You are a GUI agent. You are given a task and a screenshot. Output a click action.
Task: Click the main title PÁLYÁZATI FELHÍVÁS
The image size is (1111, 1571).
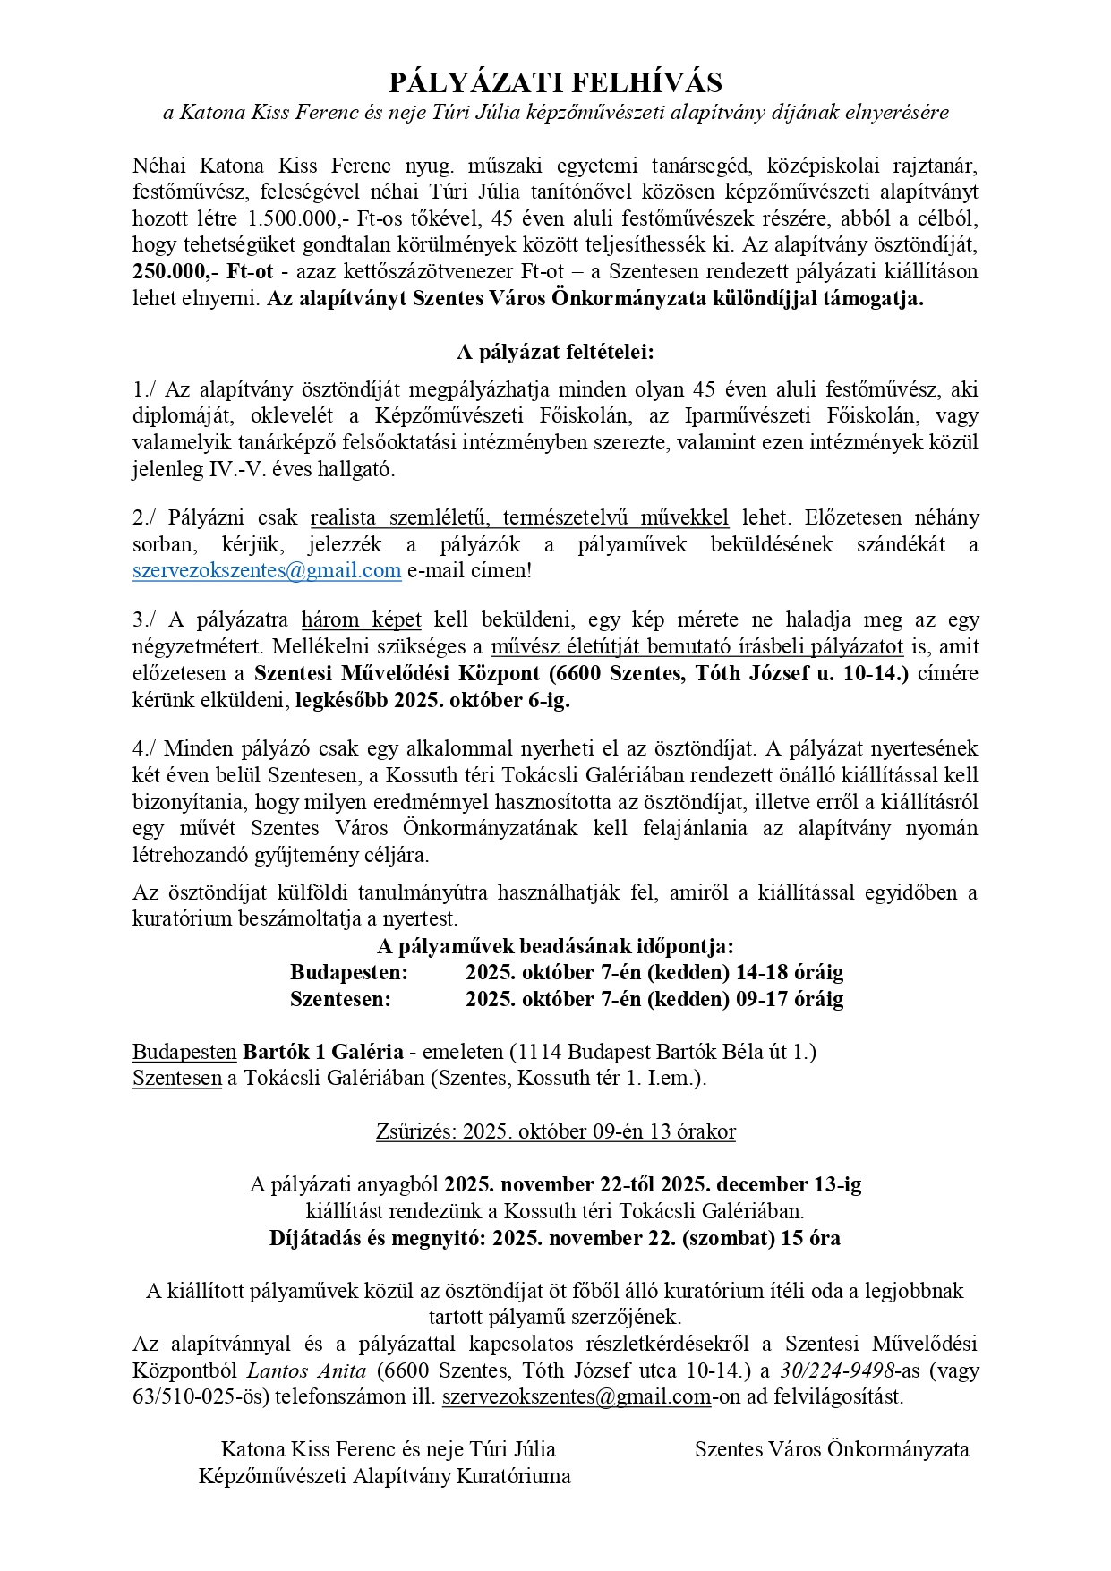point(555,83)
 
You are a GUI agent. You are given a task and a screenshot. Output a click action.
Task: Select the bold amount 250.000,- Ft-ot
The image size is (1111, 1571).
point(202,271)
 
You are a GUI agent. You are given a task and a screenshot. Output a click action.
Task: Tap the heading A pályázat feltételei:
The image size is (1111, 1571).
point(555,352)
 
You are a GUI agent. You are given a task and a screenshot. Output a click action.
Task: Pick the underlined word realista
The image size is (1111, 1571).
point(344,517)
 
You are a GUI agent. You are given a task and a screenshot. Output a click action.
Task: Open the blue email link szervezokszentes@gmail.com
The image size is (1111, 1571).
point(267,570)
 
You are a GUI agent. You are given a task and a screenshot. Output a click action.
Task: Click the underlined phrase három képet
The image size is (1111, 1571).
point(362,619)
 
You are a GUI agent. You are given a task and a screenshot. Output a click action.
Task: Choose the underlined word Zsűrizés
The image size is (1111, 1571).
point(416,1131)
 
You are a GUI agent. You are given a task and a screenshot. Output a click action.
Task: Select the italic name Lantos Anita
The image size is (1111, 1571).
point(306,1370)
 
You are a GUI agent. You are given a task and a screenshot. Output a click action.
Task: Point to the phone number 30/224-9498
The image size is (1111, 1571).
point(837,1370)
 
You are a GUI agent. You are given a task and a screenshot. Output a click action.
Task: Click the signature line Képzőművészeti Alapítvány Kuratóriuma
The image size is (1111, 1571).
point(385,1476)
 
